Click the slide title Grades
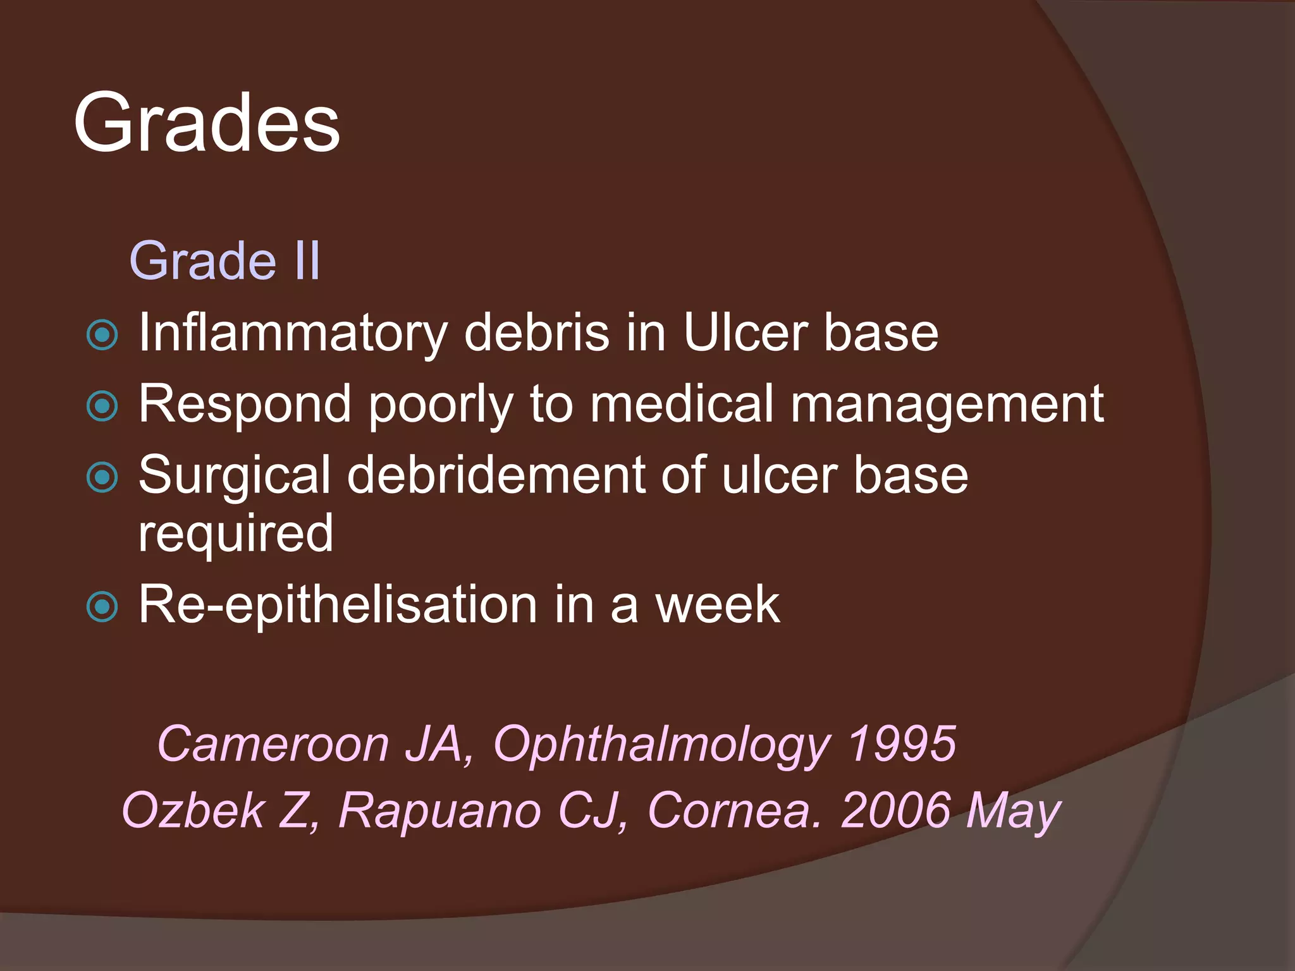pyautogui.click(x=207, y=123)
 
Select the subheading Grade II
pyautogui.click(x=224, y=260)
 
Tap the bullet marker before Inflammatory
pyautogui.click(x=102, y=335)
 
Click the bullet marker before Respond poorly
pyautogui.click(x=102, y=406)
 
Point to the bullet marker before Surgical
pyautogui.click(x=102, y=477)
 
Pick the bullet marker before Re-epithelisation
pyautogui.click(x=102, y=607)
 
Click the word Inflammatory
pyautogui.click(x=293, y=334)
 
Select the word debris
pyautogui.click(x=537, y=333)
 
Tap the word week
pyautogui.click(x=717, y=604)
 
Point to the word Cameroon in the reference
pyautogui.click(x=273, y=743)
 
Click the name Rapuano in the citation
pyautogui.click(x=439, y=810)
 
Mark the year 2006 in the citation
pyautogui.click(x=896, y=810)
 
